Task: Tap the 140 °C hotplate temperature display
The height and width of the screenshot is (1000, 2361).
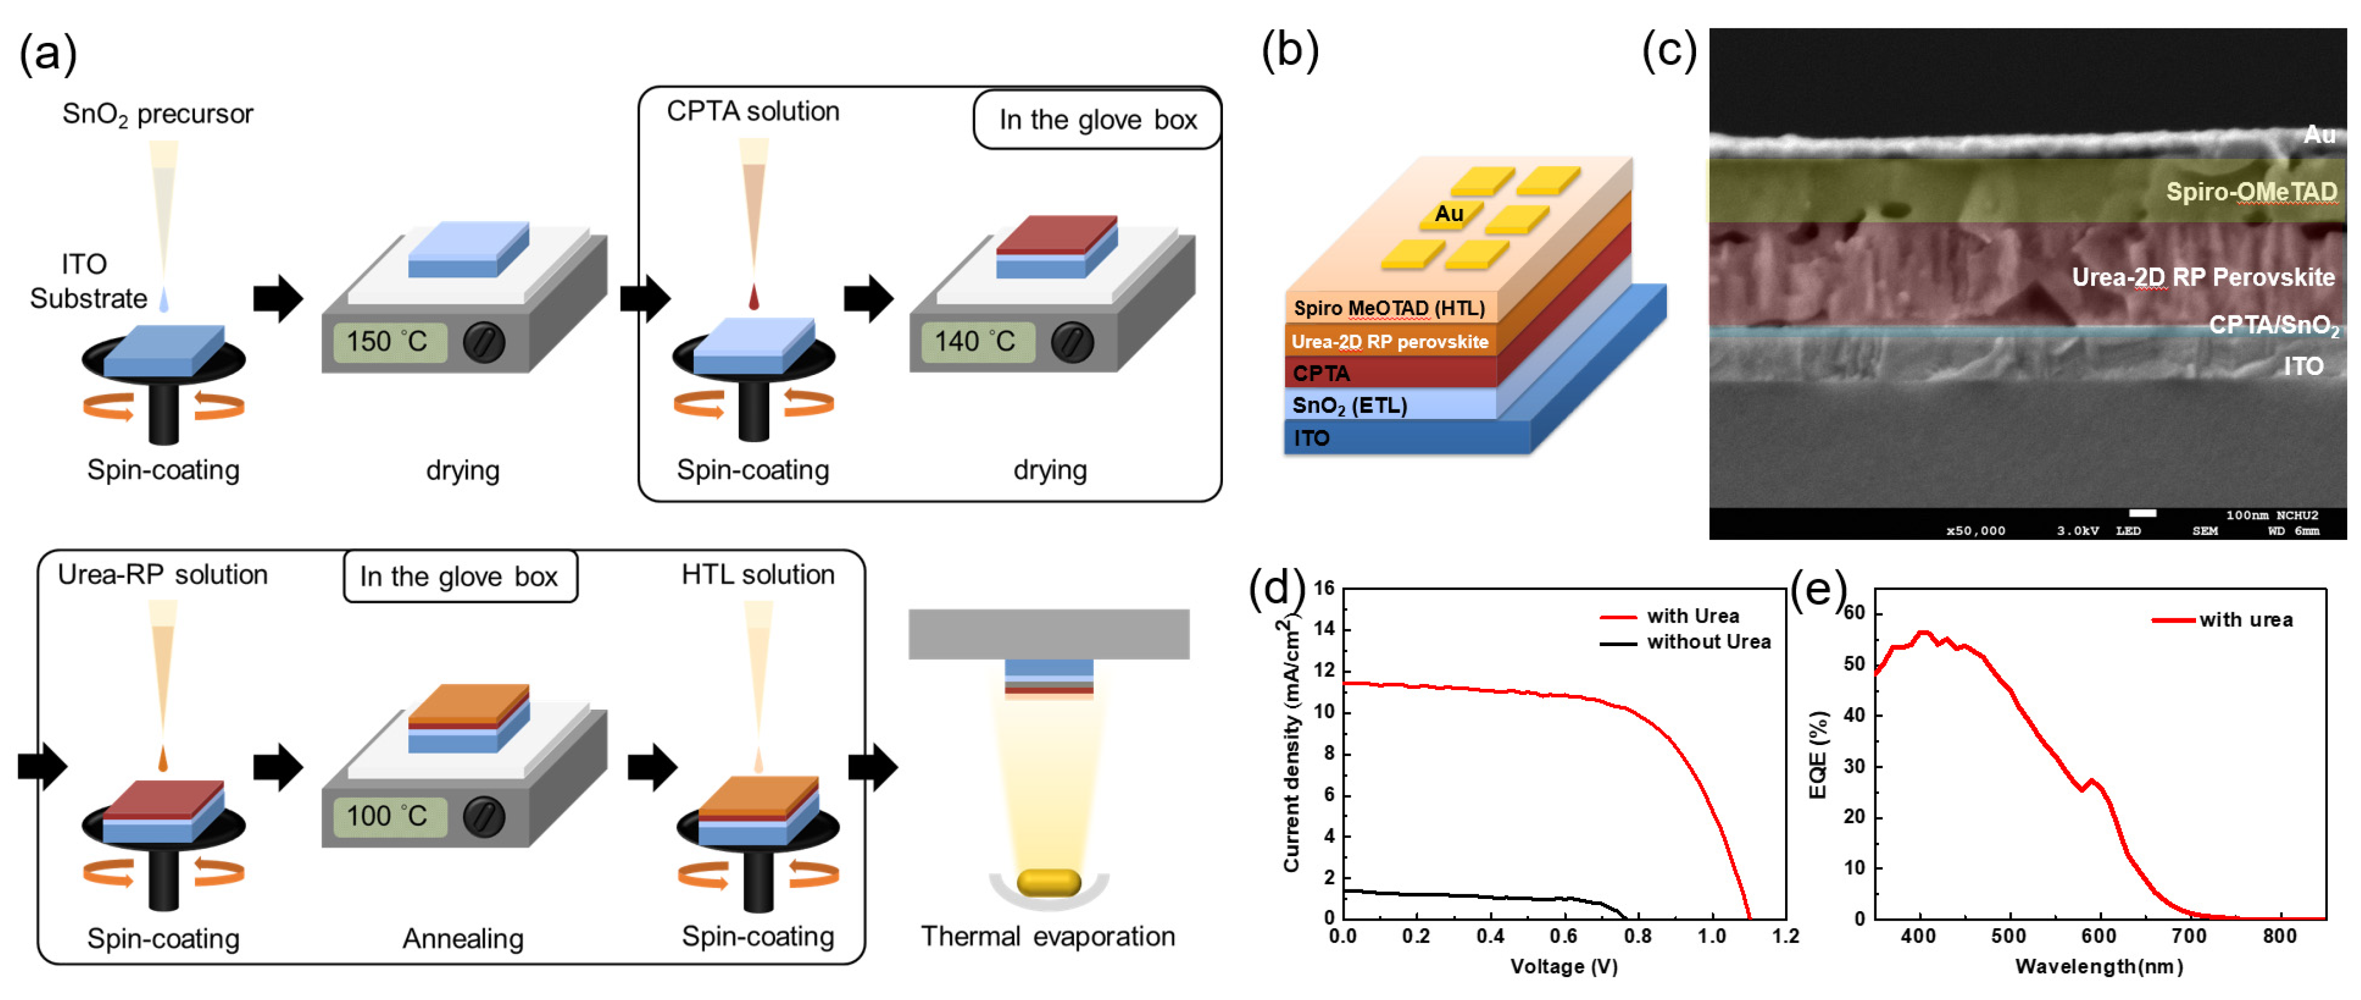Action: click(974, 342)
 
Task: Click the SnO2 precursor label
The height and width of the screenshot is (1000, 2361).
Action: click(158, 114)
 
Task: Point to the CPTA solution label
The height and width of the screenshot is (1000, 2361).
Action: click(753, 112)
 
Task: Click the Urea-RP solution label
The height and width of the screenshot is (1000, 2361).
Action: click(162, 574)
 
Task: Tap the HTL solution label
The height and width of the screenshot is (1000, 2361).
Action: click(758, 574)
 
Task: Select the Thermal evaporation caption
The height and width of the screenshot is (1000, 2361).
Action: click(1047, 936)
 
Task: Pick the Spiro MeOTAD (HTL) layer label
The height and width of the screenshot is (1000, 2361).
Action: click(1388, 308)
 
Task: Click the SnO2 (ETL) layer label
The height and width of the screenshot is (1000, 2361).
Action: click(1349, 405)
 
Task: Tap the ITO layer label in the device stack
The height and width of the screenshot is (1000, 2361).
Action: click(1311, 438)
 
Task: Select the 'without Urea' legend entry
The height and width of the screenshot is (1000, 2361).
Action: click(1708, 642)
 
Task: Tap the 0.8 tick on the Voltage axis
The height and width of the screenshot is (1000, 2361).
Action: click(1638, 936)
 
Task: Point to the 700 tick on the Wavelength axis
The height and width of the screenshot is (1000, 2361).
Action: click(2189, 936)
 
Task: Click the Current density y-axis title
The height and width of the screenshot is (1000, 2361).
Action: click(1291, 744)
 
